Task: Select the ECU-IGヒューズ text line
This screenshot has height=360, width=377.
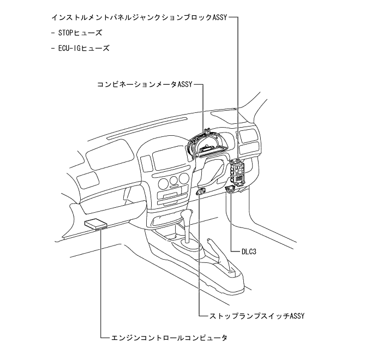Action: pyautogui.click(x=82, y=48)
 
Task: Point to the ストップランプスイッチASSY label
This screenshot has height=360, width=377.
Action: pyautogui.click(x=253, y=316)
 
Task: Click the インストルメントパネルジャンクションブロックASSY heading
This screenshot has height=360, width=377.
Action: pyautogui.click(x=143, y=17)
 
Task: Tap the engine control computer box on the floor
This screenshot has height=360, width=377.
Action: pyautogui.click(x=97, y=224)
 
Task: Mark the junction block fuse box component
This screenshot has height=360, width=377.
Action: pyautogui.click(x=238, y=171)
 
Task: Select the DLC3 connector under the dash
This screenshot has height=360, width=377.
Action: pyautogui.click(x=231, y=189)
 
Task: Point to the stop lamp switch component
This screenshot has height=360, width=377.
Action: pyautogui.click(x=201, y=191)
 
